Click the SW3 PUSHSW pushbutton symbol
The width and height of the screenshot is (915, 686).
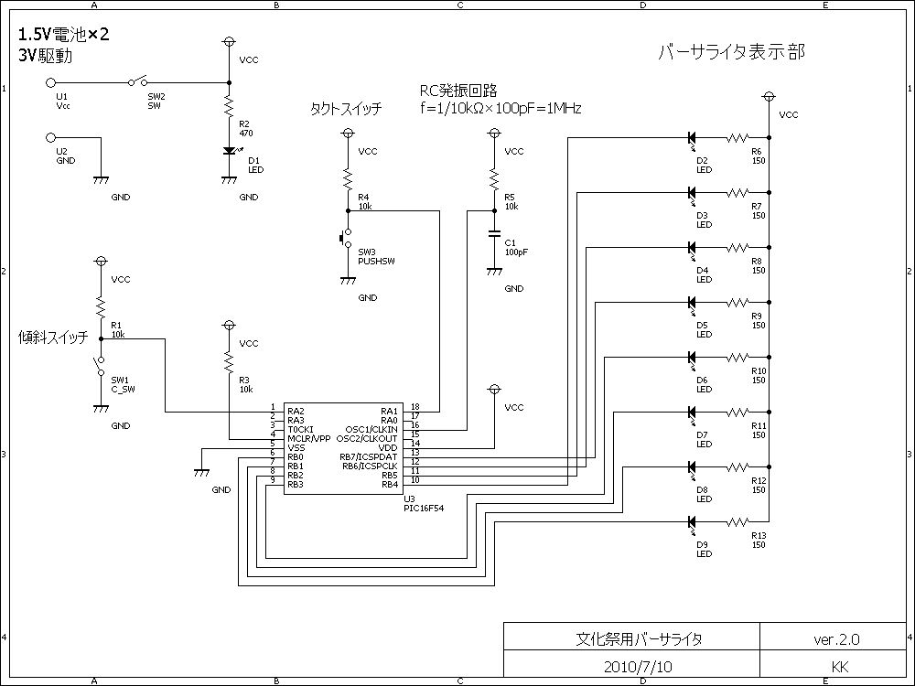345,239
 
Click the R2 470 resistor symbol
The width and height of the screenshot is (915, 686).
229,108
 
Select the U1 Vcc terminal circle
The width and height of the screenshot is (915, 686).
51,82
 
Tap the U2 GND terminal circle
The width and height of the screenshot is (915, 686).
51,138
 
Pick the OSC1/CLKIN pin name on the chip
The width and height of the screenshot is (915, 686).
372,428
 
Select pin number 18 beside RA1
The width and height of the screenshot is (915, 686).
414,407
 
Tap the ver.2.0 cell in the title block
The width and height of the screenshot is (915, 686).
836,638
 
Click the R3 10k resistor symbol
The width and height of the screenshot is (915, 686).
229,364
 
